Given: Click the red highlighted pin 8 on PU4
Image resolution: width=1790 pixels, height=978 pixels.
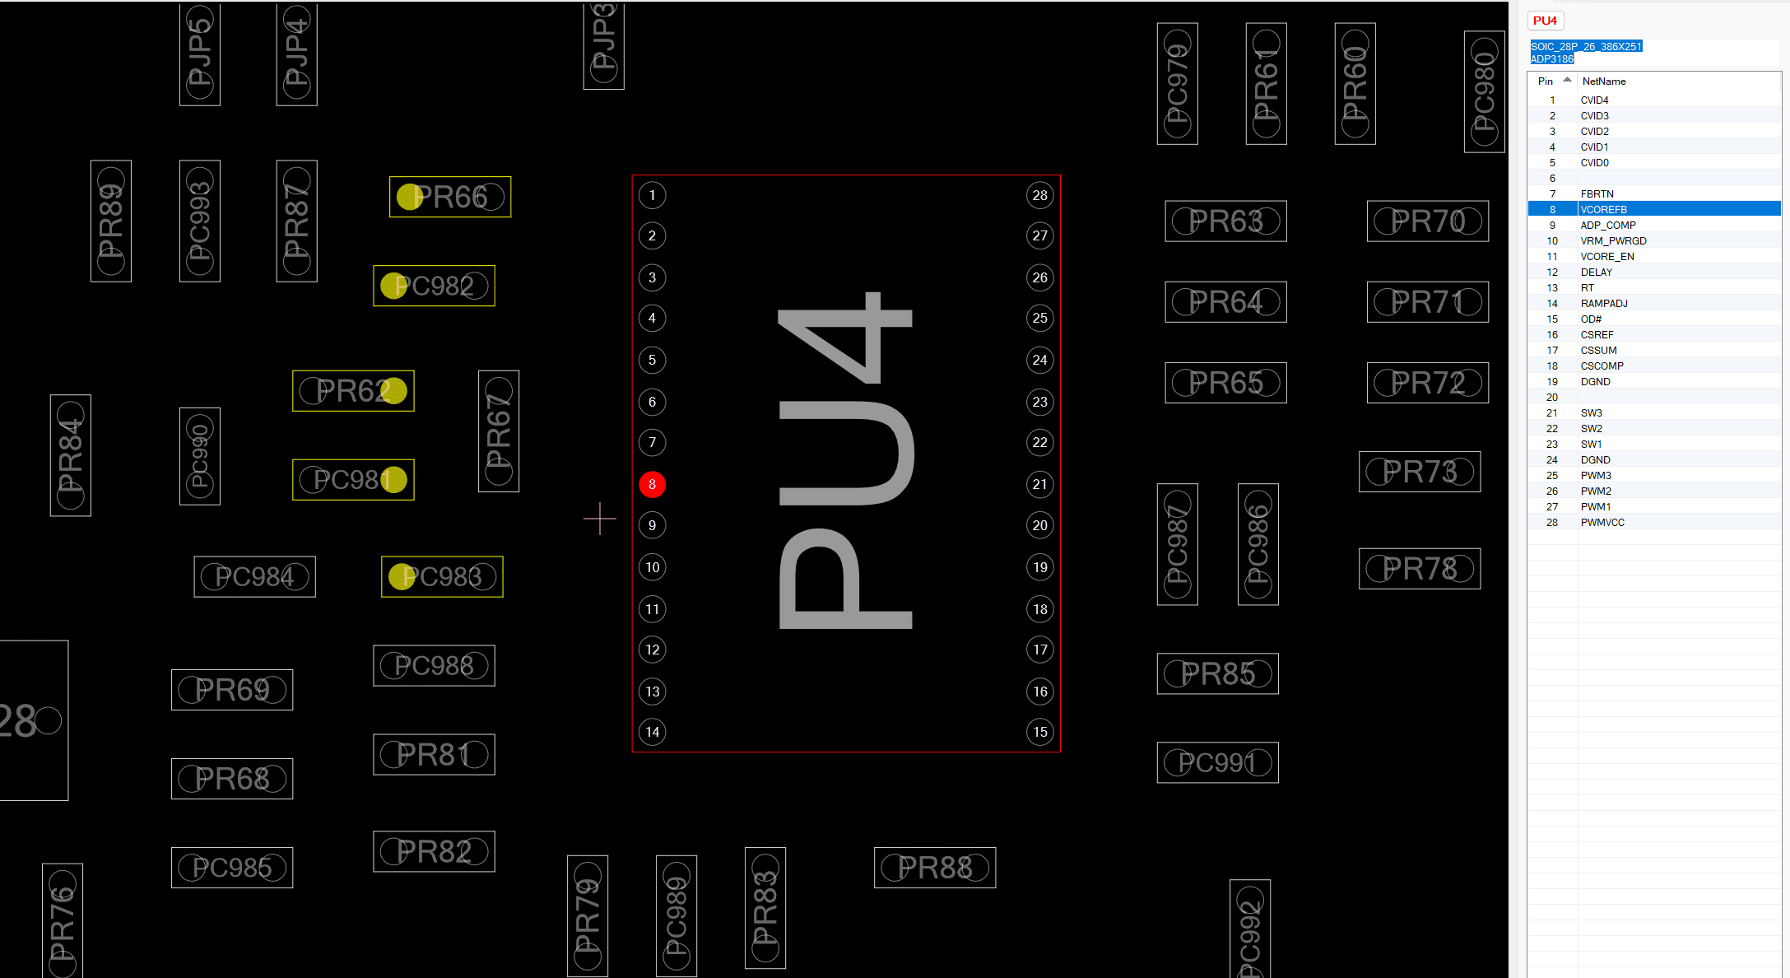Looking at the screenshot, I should tap(652, 484).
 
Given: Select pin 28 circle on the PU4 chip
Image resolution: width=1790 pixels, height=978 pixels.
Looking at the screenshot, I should tap(1040, 195).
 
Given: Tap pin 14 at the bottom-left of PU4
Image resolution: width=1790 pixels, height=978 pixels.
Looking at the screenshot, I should tap(652, 732).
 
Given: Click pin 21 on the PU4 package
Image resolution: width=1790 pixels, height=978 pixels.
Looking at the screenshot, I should tap(1040, 484).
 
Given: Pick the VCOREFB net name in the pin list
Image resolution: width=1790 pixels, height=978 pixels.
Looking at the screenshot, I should tap(1603, 210).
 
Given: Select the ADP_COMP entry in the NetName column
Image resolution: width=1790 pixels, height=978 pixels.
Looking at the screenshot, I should tap(1607, 226).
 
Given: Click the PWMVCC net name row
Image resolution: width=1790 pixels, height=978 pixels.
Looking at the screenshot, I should tap(1602, 523).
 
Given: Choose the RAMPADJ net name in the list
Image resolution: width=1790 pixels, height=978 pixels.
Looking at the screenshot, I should tap(1603, 304).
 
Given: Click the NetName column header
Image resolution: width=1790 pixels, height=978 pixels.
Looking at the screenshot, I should tap(1603, 81).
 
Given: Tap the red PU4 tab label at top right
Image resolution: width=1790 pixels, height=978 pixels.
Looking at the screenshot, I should tap(1545, 21).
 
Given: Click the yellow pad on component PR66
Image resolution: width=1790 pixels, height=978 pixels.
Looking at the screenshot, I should tap(409, 197).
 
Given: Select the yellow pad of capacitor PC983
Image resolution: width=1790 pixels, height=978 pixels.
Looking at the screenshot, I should tap(402, 577).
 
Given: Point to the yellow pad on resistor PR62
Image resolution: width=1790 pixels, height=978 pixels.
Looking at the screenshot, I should tap(394, 391).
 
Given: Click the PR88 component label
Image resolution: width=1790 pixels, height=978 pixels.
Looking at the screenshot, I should tap(935, 868).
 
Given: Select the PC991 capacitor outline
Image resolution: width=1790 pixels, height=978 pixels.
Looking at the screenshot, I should tap(1217, 762).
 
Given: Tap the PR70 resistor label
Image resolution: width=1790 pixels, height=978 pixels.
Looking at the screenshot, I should tap(1428, 221).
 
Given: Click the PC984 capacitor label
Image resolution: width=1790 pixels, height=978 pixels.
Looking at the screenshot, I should tap(254, 577).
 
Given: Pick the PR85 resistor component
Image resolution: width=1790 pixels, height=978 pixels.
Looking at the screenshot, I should tap(1217, 674).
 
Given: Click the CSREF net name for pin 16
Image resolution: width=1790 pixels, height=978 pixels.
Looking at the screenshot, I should tap(1597, 335).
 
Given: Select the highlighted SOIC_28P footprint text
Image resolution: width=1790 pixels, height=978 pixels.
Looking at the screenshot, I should tap(1585, 47).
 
